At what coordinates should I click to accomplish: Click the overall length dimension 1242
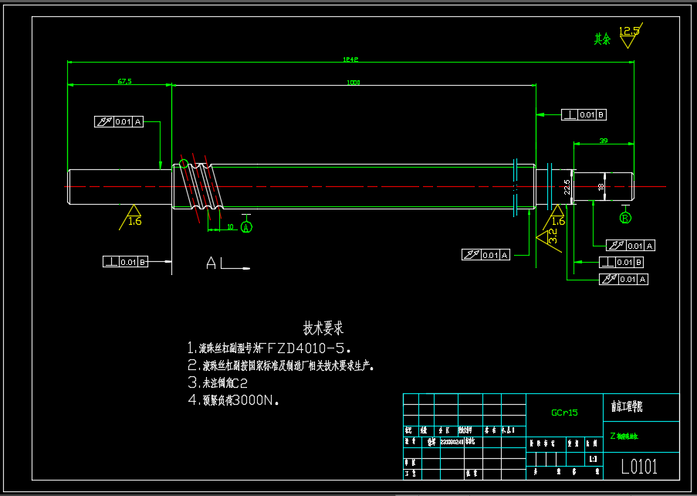(x=351, y=59)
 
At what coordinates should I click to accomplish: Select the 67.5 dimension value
(x=124, y=81)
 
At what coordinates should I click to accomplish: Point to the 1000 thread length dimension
(x=354, y=82)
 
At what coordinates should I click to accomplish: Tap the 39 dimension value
(x=604, y=141)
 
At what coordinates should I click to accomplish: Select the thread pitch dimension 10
(x=231, y=227)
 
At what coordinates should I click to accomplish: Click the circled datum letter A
(x=246, y=227)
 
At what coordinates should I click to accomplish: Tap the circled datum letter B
(x=625, y=218)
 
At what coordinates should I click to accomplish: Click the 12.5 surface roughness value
(x=629, y=32)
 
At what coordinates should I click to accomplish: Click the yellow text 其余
(x=602, y=39)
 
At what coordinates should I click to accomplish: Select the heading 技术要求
(x=323, y=328)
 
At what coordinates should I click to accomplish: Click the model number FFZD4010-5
(x=309, y=348)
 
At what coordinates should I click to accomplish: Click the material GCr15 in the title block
(x=564, y=413)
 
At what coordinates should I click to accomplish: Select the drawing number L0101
(x=639, y=466)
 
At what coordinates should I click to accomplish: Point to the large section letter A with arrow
(x=212, y=263)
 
